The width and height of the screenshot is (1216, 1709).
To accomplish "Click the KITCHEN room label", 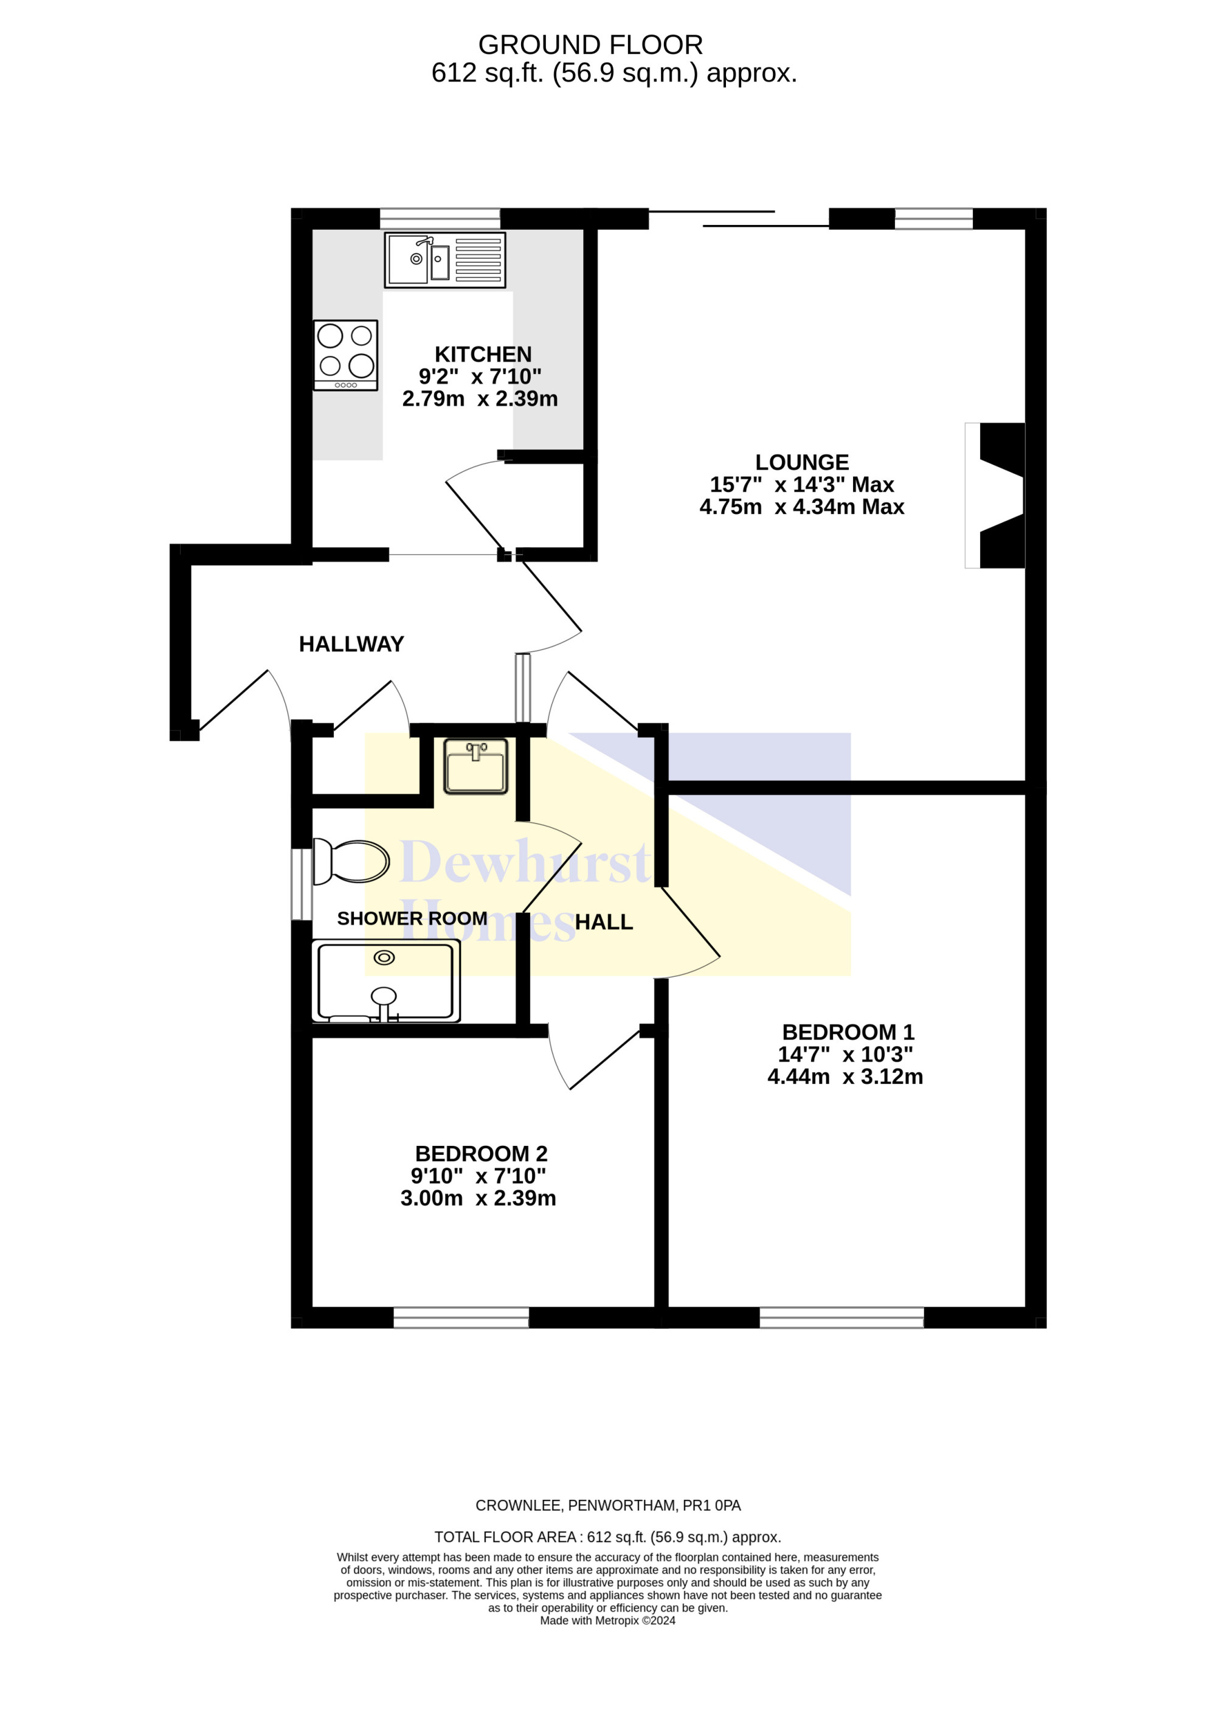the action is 483,354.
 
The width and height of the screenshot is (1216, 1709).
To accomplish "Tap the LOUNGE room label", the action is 802,462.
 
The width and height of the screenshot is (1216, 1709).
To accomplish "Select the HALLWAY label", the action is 351,644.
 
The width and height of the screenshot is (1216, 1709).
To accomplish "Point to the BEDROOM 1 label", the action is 848,1032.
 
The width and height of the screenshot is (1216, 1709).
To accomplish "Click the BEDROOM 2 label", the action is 482,1153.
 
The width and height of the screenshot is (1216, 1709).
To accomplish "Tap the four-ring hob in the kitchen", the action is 345,355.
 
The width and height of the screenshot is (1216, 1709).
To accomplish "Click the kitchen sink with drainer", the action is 445,260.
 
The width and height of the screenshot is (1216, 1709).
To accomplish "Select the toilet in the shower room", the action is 350,861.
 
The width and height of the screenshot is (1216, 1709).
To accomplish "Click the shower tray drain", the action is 384,957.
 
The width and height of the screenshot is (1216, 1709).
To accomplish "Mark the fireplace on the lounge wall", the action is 995,496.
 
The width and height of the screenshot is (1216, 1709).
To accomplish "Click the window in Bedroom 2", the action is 461,1317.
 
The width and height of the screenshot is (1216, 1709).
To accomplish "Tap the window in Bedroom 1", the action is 841,1317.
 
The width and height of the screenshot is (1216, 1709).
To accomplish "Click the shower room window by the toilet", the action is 301,884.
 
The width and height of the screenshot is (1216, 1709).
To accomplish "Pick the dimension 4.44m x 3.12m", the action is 845,1077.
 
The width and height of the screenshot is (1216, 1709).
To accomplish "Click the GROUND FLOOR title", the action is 591,45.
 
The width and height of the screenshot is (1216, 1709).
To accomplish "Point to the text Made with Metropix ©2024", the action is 607,1621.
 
